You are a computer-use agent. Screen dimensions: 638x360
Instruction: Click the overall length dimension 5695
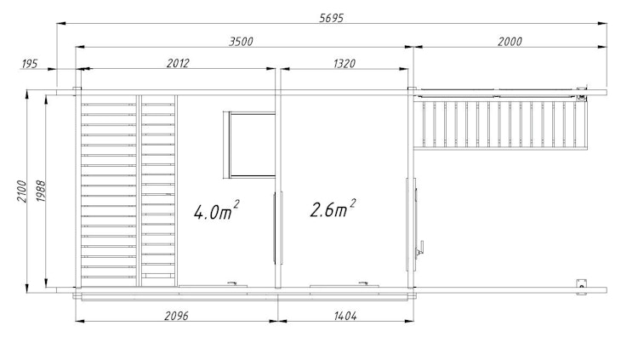coord(331,18)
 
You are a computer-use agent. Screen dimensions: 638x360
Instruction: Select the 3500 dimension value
coord(241,42)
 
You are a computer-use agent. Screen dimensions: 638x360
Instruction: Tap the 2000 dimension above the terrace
coord(510,42)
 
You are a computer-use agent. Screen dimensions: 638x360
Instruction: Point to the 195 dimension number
coord(30,64)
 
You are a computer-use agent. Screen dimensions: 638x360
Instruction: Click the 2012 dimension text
coord(178,64)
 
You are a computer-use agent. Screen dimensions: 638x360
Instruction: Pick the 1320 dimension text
coord(345,64)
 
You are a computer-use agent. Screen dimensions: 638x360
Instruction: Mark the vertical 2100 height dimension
coord(21,191)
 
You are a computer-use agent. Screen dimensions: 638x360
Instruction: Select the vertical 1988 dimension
coord(40,191)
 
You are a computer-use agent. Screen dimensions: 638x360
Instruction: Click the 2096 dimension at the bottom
coord(176,316)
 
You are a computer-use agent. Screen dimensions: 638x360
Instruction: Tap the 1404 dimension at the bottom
coord(345,316)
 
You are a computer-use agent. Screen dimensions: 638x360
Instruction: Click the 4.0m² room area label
coord(216,210)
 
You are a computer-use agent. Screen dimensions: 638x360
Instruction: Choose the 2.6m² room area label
coord(333,209)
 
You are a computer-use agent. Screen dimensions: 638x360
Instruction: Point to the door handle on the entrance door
coord(420,248)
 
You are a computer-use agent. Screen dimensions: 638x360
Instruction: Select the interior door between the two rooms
coord(278,228)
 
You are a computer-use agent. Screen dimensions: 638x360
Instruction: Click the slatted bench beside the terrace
coord(500,124)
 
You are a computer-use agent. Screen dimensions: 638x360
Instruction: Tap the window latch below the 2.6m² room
coord(363,283)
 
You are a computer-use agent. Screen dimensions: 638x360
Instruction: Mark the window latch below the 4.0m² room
coord(232,283)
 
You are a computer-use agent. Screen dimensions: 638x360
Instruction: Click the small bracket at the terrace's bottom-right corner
coord(582,287)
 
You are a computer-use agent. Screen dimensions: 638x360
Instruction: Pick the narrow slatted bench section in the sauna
coord(158,191)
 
